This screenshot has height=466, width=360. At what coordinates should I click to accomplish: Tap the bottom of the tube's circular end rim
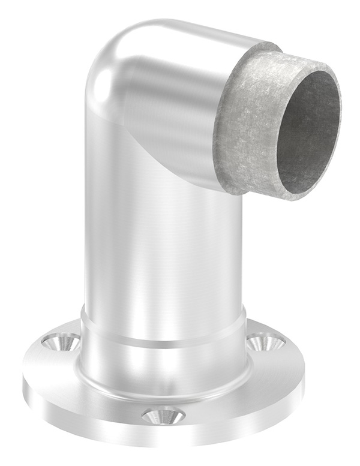click(294, 198)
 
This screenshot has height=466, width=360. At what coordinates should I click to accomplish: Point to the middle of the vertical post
click(162, 240)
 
